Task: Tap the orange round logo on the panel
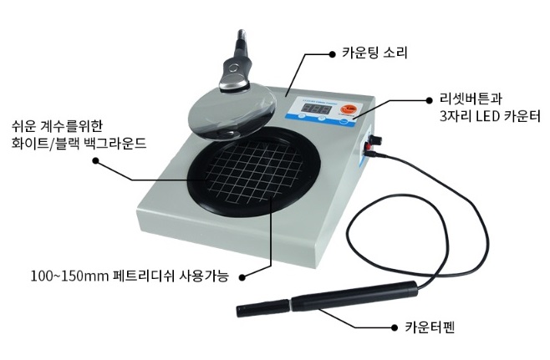point(348,109)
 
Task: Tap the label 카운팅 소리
point(374,53)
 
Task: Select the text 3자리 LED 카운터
point(490,116)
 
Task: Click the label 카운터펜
point(430,327)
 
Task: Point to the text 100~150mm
point(69,276)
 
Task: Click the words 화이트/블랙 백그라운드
point(79,144)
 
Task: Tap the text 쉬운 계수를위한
point(57,126)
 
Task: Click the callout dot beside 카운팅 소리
point(332,54)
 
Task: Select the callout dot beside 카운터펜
point(395,327)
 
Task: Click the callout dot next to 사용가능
point(242,277)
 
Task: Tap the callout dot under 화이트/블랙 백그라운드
point(95,160)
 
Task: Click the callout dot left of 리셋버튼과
point(429,100)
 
